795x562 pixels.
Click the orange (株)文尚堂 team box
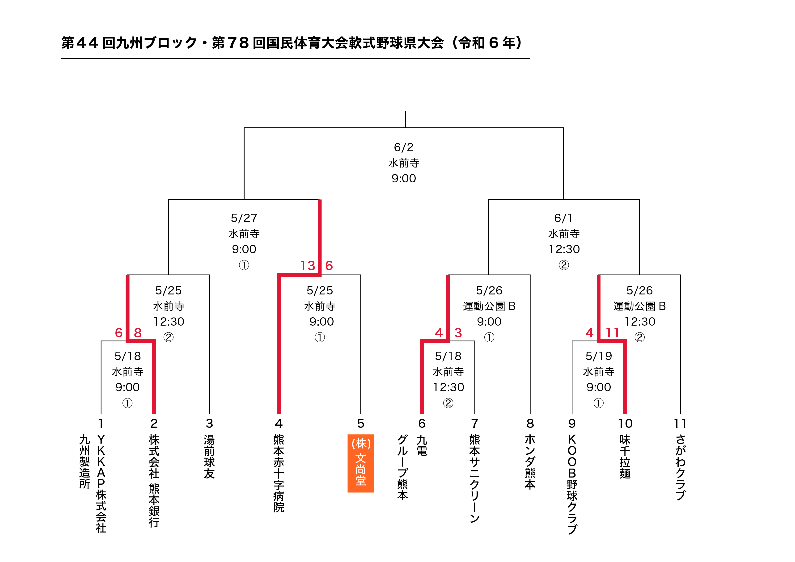(x=360, y=463)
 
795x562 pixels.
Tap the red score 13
(x=308, y=266)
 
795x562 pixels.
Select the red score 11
(x=612, y=333)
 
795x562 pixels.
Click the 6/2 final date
(x=404, y=147)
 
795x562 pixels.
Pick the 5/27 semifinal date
(x=244, y=218)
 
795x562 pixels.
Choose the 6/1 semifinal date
(x=563, y=218)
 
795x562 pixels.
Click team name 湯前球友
(x=209, y=457)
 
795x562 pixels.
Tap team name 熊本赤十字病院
(x=279, y=474)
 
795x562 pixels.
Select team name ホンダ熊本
(x=530, y=462)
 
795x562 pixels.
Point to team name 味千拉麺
(x=625, y=457)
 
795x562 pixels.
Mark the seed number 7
(x=474, y=423)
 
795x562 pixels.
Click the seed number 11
(x=680, y=423)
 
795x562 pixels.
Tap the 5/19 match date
(x=599, y=356)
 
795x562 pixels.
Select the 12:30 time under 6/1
(x=564, y=249)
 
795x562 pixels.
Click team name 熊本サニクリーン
(x=474, y=479)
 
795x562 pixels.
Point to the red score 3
(x=458, y=333)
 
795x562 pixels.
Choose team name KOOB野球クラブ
(x=572, y=484)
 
